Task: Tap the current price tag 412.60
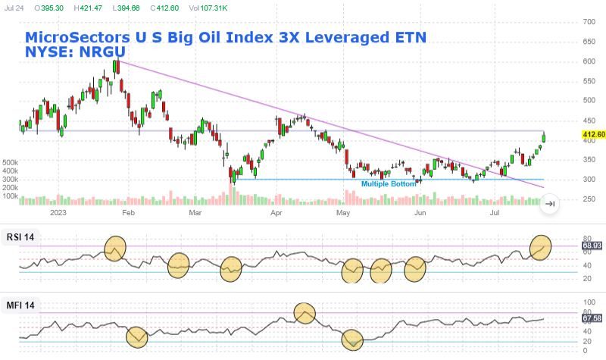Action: [593, 135]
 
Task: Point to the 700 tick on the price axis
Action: [588, 22]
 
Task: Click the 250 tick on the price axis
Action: [588, 199]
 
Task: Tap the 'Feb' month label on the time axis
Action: [128, 214]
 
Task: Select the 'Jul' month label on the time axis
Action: [495, 214]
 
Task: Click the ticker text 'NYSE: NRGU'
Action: [75, 51]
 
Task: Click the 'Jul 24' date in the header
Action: [14, 7]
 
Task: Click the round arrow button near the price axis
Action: [551, 203]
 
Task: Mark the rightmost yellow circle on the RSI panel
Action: [541, 246]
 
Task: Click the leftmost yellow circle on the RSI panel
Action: [114, 247]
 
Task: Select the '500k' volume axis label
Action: [11, 163]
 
